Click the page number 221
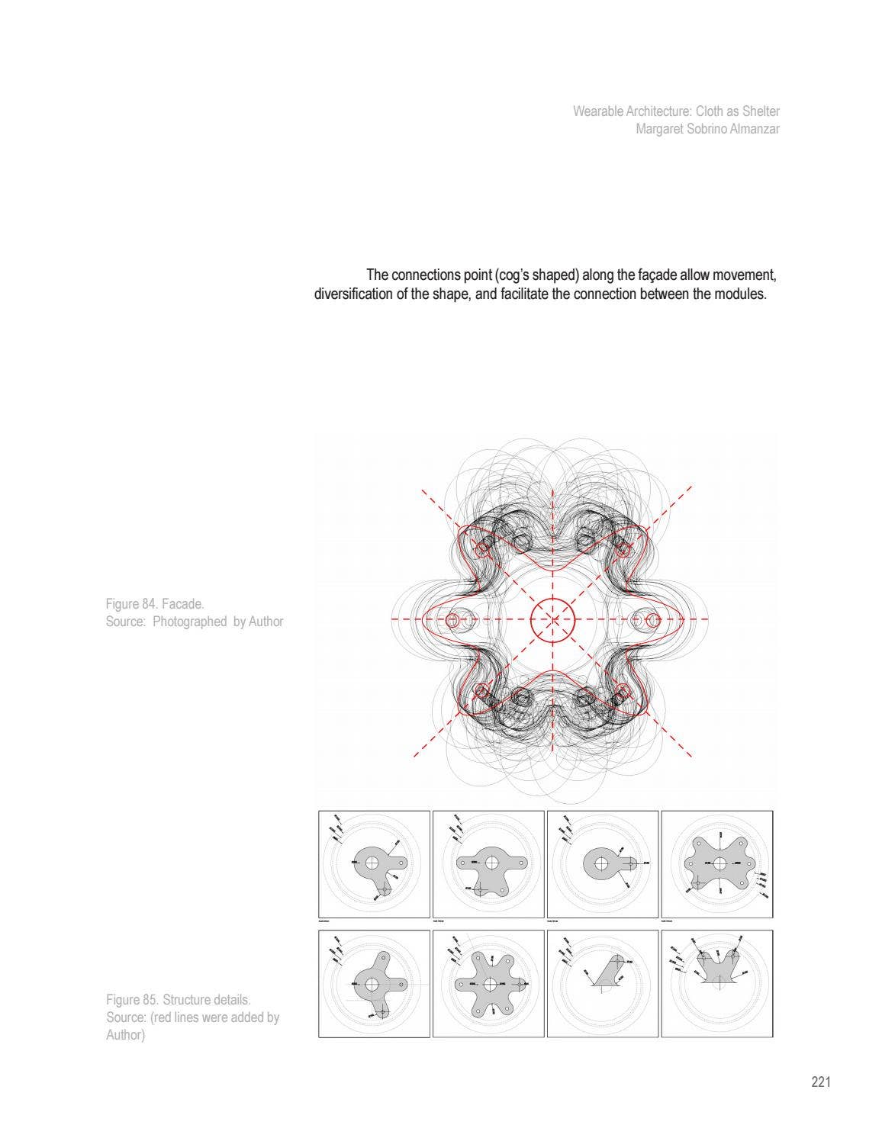pyautogui.click(x=820, y=1082)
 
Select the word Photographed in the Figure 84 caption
pyautogui.click(x=189, y=622)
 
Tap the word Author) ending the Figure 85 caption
pyautogui.click(x=125, y=1034)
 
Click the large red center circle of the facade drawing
pyautogui.click(x=552, y=620)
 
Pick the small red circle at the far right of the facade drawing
pyautogui.click(x=652, y=620)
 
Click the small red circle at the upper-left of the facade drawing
pyautogui.click(x=482, y=548)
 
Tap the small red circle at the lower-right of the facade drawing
pyautogui.click(x=621, y=692)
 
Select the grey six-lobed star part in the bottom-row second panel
pyautogui.click(x=488, y=984)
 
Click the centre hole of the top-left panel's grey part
pyautogui.click(x=372, y=863)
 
